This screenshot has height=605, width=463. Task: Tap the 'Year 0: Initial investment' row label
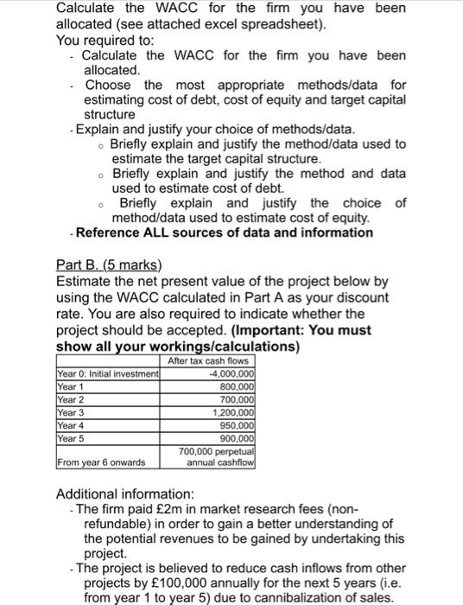coord(107,373)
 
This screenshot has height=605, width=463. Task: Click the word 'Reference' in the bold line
coord(110,232)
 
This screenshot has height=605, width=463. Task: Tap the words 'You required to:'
coord(105,40)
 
